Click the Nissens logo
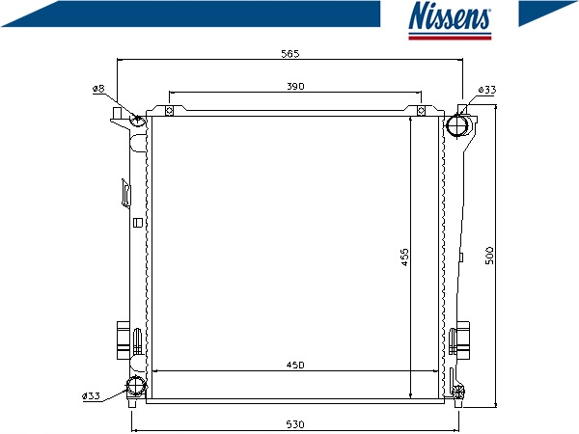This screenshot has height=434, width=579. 450,20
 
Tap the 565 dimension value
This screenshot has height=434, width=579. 290,54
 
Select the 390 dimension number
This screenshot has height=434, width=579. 295,87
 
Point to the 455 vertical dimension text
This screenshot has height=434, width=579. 404,258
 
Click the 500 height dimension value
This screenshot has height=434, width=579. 489,256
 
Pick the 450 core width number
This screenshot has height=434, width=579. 295,365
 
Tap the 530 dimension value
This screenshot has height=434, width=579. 295,424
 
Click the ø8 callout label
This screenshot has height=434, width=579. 98,89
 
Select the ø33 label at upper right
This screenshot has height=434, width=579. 487,90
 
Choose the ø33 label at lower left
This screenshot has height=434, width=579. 91,396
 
